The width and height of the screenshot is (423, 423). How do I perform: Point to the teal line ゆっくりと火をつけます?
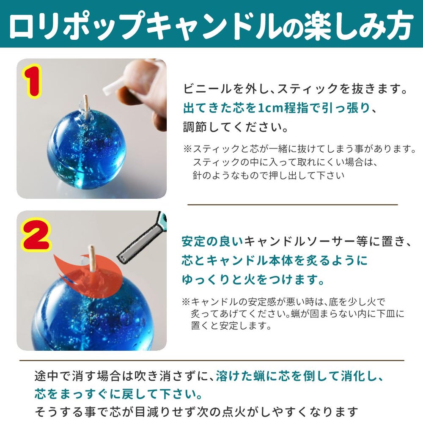253,280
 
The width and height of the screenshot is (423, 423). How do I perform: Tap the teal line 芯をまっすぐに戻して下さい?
118,394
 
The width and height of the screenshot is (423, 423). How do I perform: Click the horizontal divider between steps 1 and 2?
292,204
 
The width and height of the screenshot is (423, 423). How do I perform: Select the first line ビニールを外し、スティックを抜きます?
296,90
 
